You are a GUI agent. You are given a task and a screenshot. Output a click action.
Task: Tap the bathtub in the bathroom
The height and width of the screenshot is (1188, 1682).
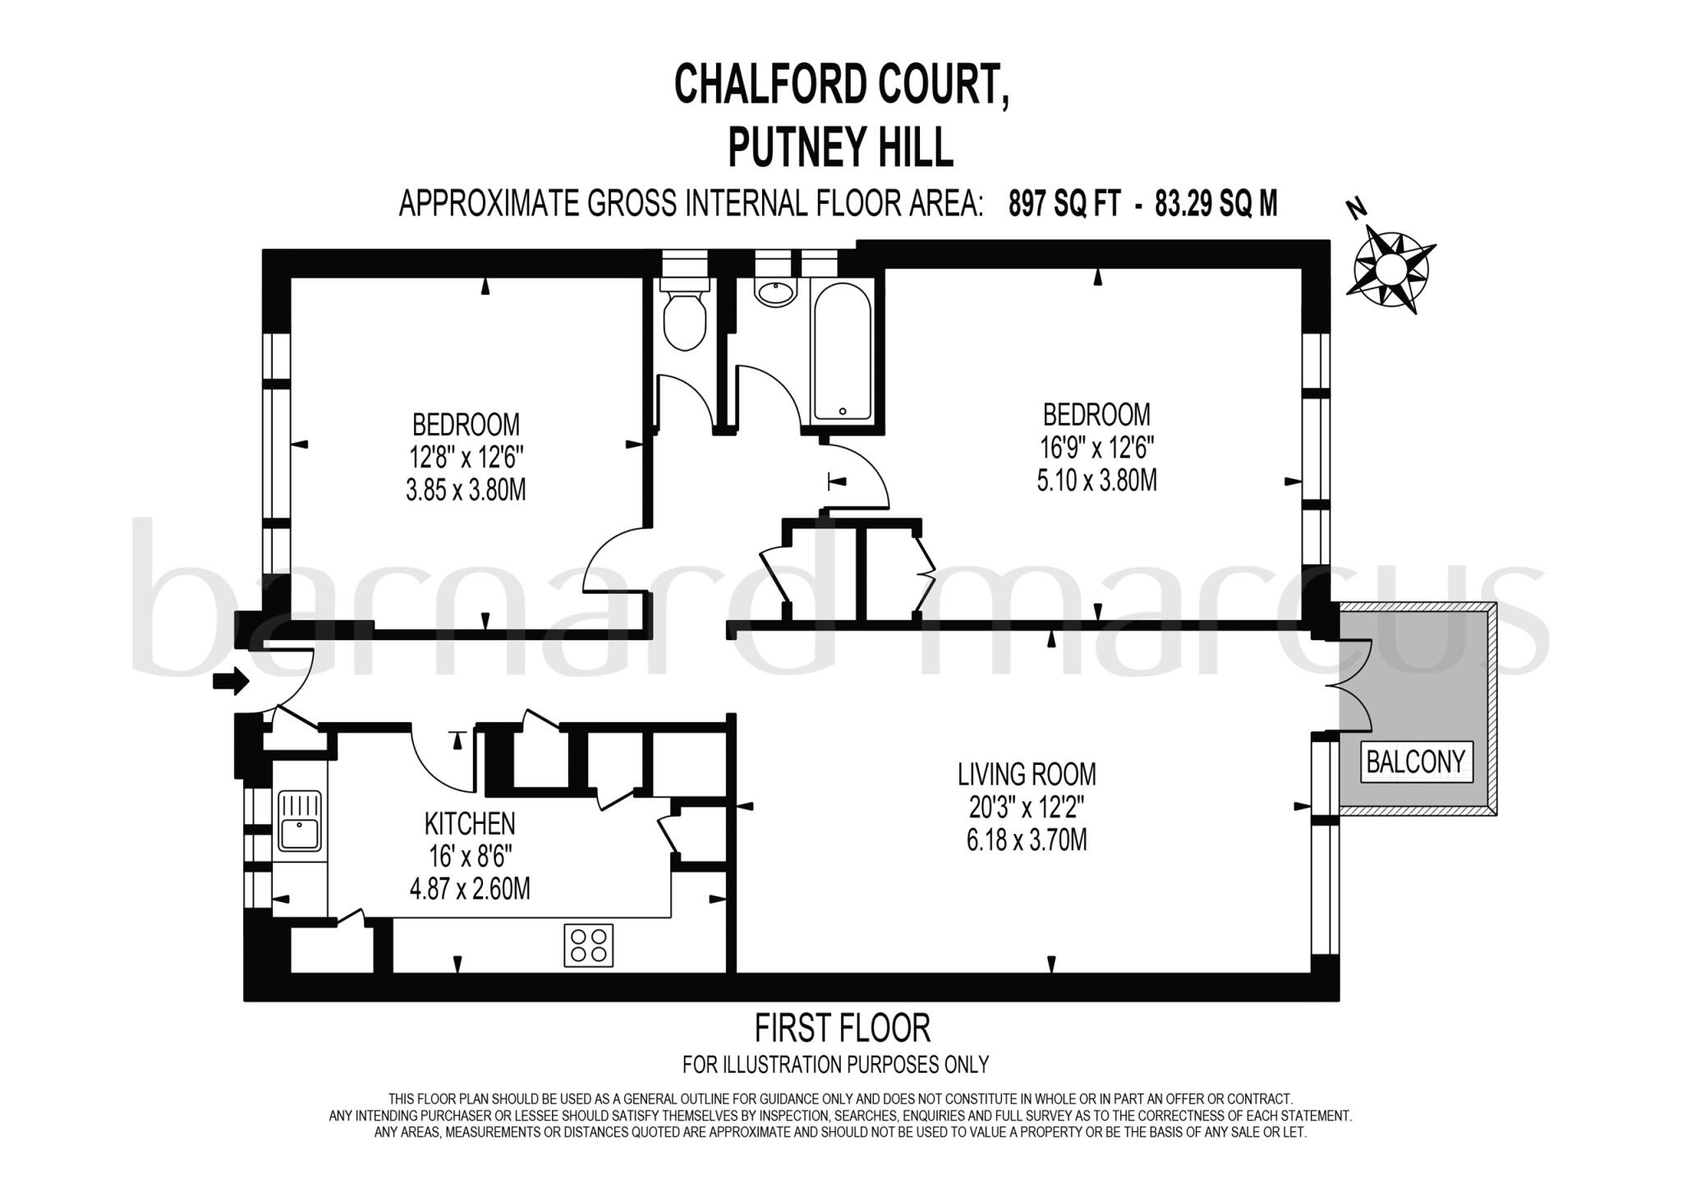[x=840, y=353]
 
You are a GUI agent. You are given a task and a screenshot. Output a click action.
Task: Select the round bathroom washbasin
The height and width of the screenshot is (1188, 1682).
[x=774, y=293]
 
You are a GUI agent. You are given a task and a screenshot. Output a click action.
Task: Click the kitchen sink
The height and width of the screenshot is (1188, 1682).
[x=301, y=822]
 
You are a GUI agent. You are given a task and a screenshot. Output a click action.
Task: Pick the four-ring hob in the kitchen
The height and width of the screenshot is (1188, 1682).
[x=588, y=945]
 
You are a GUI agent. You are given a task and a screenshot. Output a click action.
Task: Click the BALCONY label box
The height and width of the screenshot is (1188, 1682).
[x=1415, y=762]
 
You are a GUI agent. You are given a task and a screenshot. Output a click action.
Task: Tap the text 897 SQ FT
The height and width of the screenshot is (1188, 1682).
[x=1064, y=203]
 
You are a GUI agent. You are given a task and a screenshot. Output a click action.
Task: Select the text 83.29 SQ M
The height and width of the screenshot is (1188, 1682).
[x=1216, y=203]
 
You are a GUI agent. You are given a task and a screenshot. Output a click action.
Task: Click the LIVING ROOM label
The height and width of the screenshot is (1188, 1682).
[x=1027, y=774]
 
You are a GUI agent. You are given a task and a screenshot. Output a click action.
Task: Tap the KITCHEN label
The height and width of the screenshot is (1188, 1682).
[x=470, y=823]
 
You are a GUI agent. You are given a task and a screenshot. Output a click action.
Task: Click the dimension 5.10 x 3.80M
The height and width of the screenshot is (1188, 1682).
[x=1096, y=480]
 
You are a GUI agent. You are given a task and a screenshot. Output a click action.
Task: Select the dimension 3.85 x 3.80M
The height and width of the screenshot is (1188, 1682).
[x=466, y=490]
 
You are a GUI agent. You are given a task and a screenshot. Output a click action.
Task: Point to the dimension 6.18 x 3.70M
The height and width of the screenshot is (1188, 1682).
[x=1027, y=840]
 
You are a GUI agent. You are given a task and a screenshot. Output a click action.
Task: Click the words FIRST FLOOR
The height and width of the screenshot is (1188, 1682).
[x=842, y=1028]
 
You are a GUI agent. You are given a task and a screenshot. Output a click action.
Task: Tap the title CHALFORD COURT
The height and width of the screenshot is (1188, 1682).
[x=842, y=85]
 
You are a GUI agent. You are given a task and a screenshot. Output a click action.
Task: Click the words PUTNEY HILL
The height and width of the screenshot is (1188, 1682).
[x=841, y=148]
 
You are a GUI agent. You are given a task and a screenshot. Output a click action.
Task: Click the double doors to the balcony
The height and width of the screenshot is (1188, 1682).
[x=1353, y=687]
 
